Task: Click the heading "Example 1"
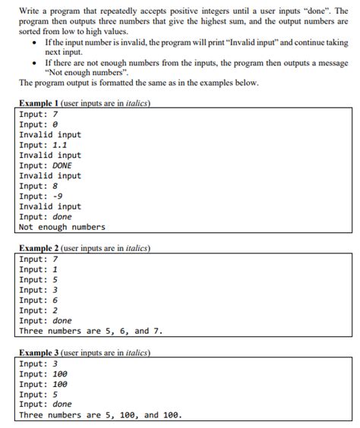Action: (x=39, y=103)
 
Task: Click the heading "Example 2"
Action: (x=39, y=247)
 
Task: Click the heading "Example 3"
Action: (x=39, y=352)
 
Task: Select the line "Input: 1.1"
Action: (x=44, y=145)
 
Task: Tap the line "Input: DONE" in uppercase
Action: (x=46, y=165)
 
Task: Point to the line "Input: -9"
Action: (x=41, y=196)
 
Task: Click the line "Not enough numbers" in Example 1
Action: (x=62, y=227)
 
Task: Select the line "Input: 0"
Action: (x=39, y=124)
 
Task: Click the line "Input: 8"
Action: (x=39, y=186)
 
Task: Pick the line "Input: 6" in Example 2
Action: (x=39, y=300)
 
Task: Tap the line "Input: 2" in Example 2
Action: (x=39, y=310)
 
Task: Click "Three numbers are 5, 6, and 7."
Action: (x=91, y=331)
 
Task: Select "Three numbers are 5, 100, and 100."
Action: (x=100, y=415)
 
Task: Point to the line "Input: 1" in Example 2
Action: (x=39, y=269)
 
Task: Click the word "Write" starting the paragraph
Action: (x=31, y=11)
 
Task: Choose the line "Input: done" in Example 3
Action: (x=46, y=404)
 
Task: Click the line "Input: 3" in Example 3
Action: (x=39, y=363)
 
